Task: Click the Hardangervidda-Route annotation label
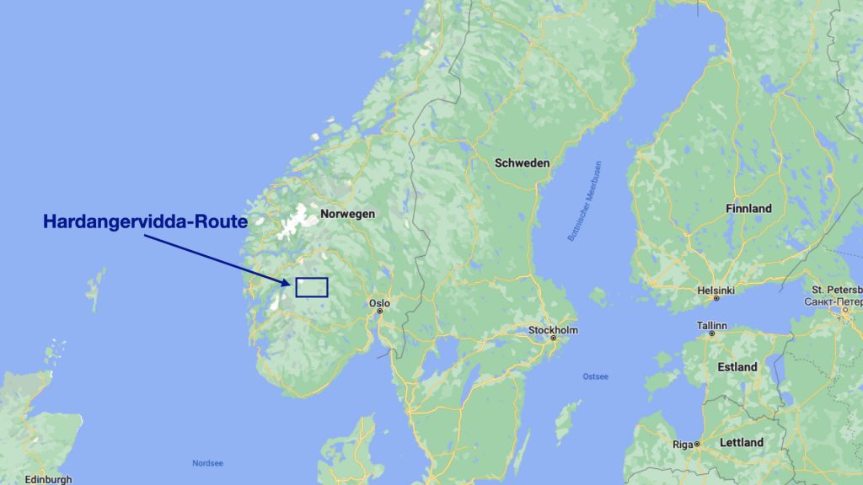click(x=144, y=222)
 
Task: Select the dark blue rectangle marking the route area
click(x=311, y=287)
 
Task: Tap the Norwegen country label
click(x=347, y=215)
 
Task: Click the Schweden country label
click(x=523, y=163)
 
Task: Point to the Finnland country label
click(x=748, y=208)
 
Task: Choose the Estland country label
click(x=737, y=367)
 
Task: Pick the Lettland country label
click(x=741, y=442)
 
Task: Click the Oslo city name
click(x=379, y=302)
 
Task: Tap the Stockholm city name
click(x=553, y=329)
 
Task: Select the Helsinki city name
click(x=716, y=290)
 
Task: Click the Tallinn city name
click(x=711, y=325)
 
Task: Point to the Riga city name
click(x=683, y=444)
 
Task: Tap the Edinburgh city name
click(x=48, y=479)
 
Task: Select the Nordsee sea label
click(x=207, y=463)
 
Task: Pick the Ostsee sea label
click(x=595, y=376)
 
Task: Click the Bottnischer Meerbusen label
click(x=585, y=201)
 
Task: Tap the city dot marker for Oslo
click(x=380, y=311)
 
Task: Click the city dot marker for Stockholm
click(x=553, y=338)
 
